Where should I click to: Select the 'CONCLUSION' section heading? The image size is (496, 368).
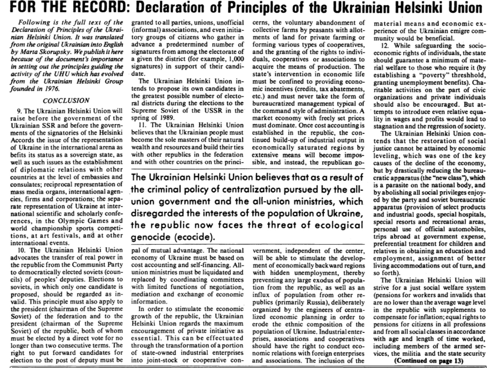[x=66, y=101]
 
